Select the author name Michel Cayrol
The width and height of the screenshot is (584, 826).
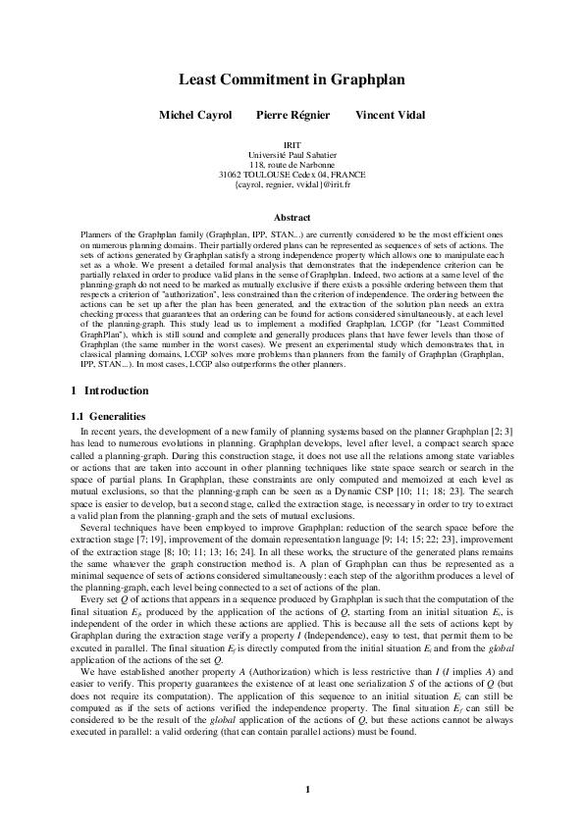click(x=195, y=115)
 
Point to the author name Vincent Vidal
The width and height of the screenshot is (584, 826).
click(x=390, y=115)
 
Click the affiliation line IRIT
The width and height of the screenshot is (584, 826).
click(x=292, y=145)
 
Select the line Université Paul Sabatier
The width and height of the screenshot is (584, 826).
click(x=292, y=155)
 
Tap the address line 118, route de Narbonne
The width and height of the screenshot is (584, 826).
click(x=292, y=165)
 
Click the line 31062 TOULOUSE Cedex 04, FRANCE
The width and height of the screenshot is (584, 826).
click(x=292, y=175)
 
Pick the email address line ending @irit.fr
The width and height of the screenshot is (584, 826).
click(x=292, y=184)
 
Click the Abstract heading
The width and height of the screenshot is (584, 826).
click(x=292, y=217)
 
